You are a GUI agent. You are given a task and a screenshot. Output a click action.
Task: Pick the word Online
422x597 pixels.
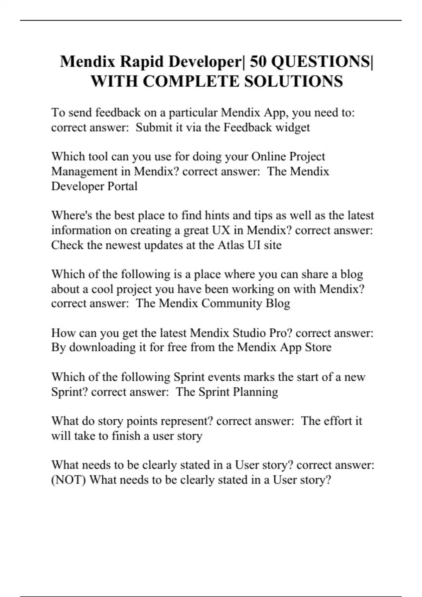pos(267,156)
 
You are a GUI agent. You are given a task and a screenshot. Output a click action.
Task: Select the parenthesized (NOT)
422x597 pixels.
pos(69,480)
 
